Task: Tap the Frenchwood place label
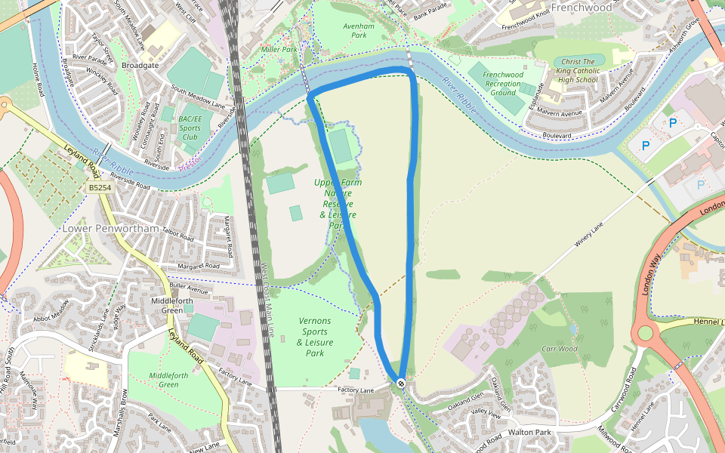click(x=581, y=8)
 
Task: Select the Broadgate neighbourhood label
click(x=140, y=66)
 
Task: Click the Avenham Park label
click(x=354, y=30)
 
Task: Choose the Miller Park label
click(x=279, y=49)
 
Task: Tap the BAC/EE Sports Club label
click(x=190, y=128)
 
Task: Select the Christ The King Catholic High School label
click(x=578, y=71)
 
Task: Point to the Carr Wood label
click(x=560, y=349)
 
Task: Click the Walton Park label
click(x=531, y=432)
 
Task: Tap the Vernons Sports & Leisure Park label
click(x=315, y=337)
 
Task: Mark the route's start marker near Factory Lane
click(x=401, y=384)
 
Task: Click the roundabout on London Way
click(x=645, y=333)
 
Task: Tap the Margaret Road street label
click(x=198, y=266)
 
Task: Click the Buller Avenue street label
click(x=189, y=288)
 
